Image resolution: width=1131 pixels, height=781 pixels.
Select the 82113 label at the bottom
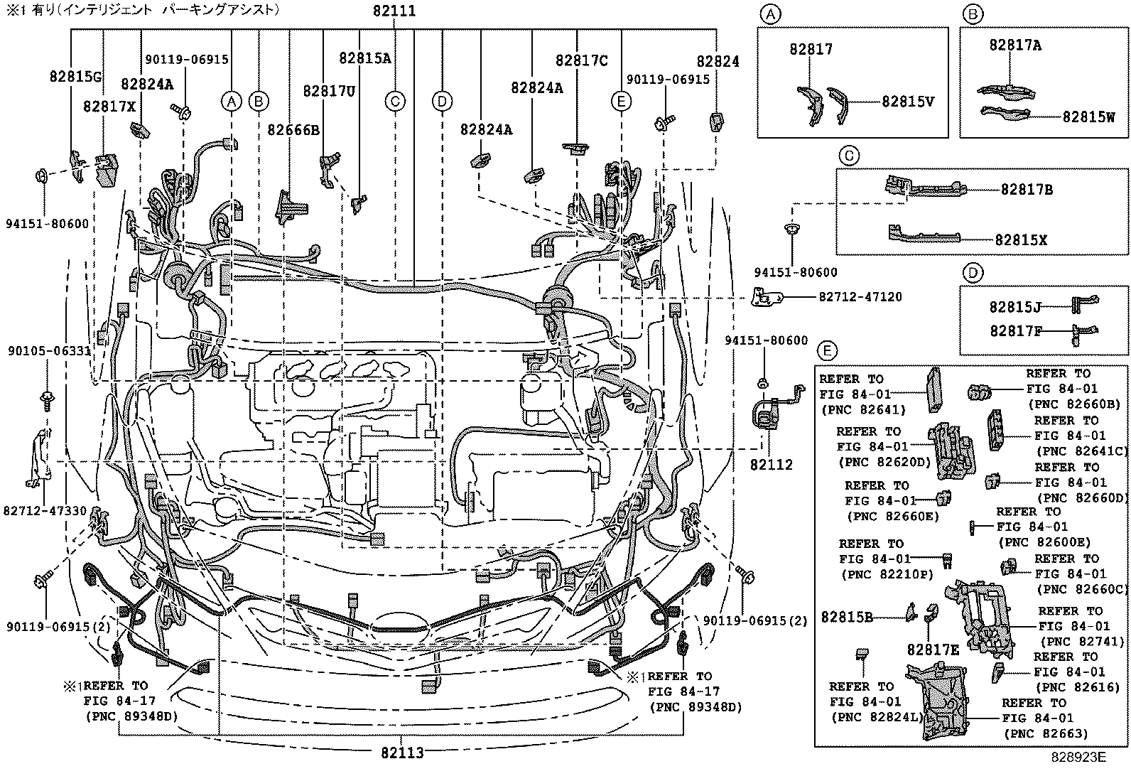click(402, 753)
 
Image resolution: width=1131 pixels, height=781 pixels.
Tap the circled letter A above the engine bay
click(230, 102)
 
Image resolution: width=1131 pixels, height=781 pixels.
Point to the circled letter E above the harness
click(621, 102)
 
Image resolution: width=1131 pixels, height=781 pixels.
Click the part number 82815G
click(76, 75)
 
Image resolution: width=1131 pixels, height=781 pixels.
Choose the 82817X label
click(109, 106)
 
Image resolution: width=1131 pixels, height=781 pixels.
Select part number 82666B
click(293, 129)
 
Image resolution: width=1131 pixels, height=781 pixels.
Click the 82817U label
click(329, 91)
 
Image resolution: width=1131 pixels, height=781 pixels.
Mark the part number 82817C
click(581, 61)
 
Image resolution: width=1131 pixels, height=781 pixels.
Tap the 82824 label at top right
click(718, 62)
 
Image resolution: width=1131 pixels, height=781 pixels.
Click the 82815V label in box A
click(907, 102)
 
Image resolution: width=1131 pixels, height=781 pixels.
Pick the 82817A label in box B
click(1015, 45)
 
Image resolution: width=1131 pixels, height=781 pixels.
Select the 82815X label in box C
click(1020, 240)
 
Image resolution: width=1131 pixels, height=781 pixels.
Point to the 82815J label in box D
click(1015, 307)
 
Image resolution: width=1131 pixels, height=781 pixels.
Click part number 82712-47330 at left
click(45, 510)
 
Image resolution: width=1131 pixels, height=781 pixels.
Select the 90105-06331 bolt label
click(49, 351)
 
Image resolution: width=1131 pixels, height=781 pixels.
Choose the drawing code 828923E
click(1078, 758)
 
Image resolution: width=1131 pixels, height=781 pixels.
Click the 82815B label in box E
click(846, 617)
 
